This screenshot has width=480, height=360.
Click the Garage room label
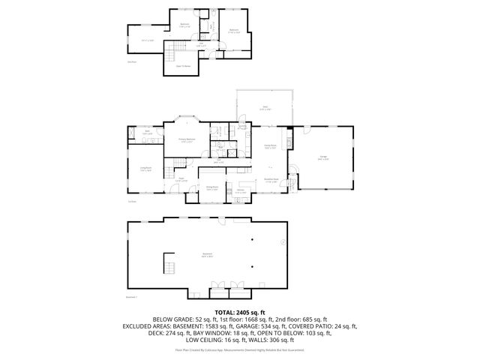point(322,158)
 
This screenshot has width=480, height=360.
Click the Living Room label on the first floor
point(145,169)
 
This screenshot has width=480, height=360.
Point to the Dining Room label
point(212,188)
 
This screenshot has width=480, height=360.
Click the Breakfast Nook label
point(271,180)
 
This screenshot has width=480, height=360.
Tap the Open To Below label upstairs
point(182,65)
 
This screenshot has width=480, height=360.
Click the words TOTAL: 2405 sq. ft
point(240,310)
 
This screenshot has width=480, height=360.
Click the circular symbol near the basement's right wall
point(282,242)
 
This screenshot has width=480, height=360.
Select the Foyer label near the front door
point(180,180)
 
